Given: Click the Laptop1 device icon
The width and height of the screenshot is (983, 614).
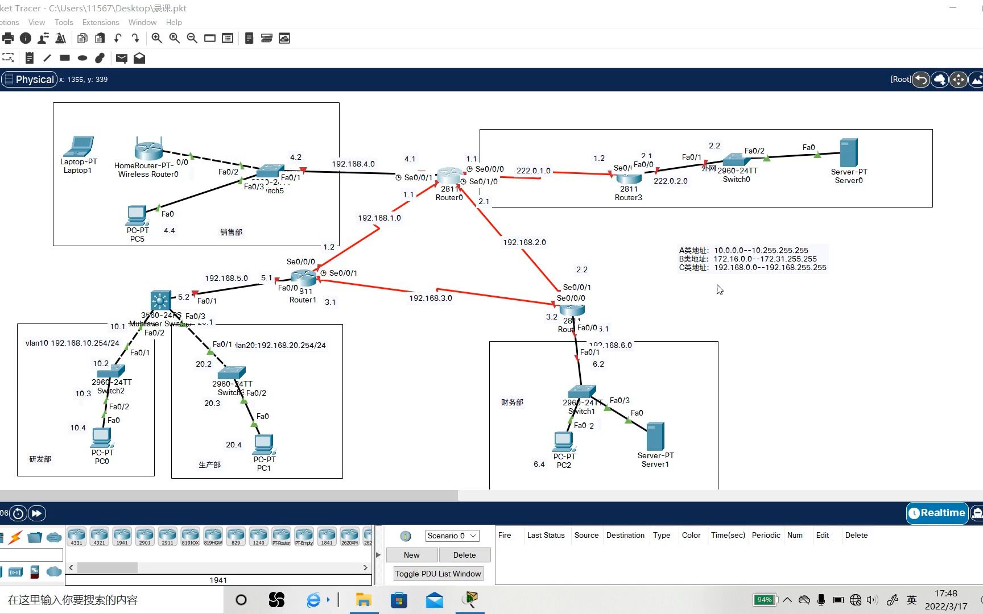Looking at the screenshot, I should point(79,147).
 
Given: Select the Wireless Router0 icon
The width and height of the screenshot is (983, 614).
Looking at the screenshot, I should point(148,149).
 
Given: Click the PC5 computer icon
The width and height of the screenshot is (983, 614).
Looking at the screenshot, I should point(137,215).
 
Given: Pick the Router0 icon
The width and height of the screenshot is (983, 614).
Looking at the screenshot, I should point(449,176).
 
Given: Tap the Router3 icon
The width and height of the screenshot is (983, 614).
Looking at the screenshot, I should point(629,177).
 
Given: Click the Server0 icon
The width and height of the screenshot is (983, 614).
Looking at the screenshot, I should point(848,153).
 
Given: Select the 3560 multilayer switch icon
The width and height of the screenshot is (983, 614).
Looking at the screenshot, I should point(160,300).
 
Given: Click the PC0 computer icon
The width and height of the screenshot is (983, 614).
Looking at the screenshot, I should point(102,437).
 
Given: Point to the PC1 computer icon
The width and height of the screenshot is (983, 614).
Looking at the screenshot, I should point(264,444).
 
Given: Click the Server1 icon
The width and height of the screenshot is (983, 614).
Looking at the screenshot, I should point(655,436).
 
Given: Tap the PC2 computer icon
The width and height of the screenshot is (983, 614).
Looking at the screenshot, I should point(563,441).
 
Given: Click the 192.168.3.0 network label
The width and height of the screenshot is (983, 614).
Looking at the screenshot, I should point(431,298).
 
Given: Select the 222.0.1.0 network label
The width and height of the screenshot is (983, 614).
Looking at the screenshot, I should point(533,171).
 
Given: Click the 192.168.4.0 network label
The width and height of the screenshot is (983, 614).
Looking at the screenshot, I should point(353,164).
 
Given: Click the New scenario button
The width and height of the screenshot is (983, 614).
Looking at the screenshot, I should point(411,555).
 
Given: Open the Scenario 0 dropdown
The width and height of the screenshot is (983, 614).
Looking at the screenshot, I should point(452,536).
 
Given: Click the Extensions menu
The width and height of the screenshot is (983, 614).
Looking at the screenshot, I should point(101,22).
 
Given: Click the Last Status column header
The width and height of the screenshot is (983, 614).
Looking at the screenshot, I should point(546,535).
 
